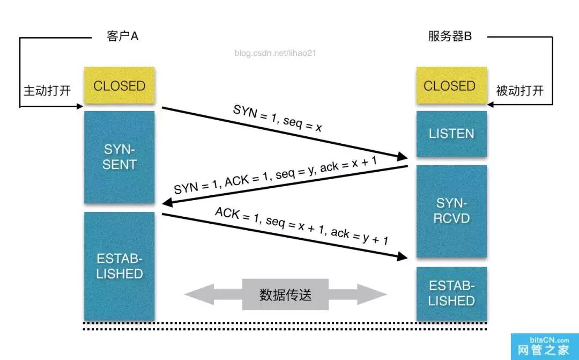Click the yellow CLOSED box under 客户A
pos(119,86)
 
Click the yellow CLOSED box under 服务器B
pos(449,86)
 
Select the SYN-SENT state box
pos(119,157)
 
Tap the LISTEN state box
pos(451,134)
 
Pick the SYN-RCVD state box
pos(451,211)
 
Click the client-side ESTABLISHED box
pos(119,266)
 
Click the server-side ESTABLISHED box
pos(451,293)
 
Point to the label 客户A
pos(123,36)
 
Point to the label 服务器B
pos(450,36)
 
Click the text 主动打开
pos(47,90)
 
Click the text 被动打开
pos(519,90)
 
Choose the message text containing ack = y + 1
pos(301,226)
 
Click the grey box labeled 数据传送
pos(285,295)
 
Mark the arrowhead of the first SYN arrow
pos(403,157)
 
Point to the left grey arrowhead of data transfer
pos(196,295)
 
